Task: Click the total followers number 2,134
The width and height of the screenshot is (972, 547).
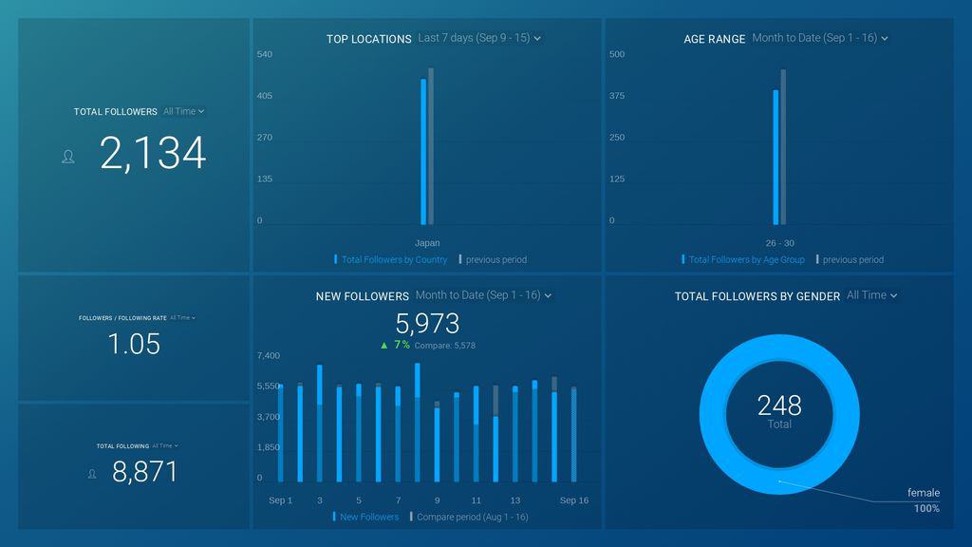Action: [152, 154]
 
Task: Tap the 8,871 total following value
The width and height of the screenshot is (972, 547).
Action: [144, 472]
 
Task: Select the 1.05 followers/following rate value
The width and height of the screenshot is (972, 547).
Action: [134, 344]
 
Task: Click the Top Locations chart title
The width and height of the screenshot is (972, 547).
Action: [368, 39]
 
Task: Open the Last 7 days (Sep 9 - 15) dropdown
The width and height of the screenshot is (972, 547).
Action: [479, 38]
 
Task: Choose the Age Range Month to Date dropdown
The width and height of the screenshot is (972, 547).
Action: [820, 38]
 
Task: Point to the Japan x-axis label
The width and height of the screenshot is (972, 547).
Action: [427, 243]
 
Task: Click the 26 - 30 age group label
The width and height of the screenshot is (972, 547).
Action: [779, 243]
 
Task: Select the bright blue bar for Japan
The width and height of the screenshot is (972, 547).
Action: [423, 152]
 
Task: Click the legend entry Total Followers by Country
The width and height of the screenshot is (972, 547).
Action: [394, 259]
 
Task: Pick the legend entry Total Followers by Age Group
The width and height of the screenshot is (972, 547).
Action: [746, 259]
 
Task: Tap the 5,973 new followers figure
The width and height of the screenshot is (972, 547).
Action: [427, 323]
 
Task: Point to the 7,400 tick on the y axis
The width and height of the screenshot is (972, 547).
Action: [269, 355]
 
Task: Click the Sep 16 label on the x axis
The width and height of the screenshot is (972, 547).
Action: [573, 500]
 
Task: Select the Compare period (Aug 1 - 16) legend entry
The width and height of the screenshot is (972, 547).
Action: [473, 517]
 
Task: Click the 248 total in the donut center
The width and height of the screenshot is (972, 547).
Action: [779, 406]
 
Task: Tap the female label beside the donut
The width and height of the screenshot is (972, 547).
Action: [923, 493]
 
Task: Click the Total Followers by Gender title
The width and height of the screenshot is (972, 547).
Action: [757, 296]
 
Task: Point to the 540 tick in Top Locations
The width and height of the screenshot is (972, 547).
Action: [265, 54]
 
